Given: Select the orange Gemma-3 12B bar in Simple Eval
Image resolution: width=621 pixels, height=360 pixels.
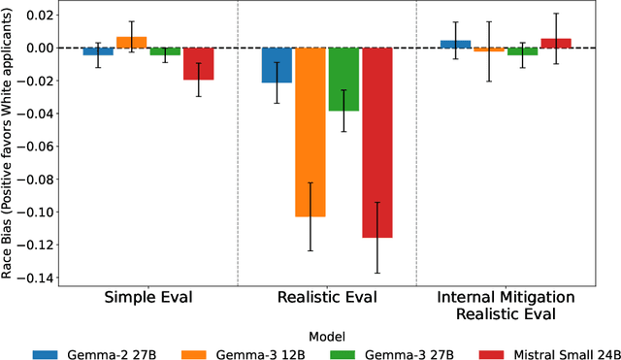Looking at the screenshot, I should click(131, 43).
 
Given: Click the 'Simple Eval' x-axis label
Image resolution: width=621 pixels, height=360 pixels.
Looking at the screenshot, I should click(147, 296).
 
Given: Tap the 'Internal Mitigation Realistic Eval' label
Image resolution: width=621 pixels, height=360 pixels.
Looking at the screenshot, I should click(506, 304).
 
